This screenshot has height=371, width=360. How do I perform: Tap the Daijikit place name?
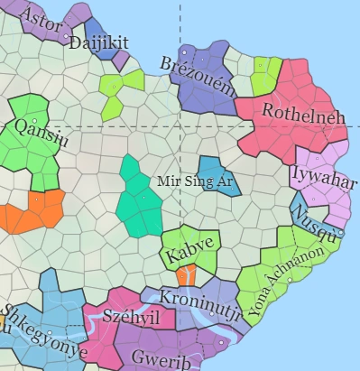[99, 42]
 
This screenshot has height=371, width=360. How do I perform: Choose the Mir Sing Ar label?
[195, 181]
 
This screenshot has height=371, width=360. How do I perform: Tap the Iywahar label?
[318, 173]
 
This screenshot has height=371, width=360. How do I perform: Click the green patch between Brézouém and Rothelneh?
[265, 76]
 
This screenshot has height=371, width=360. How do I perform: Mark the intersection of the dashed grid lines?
[180, 125]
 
